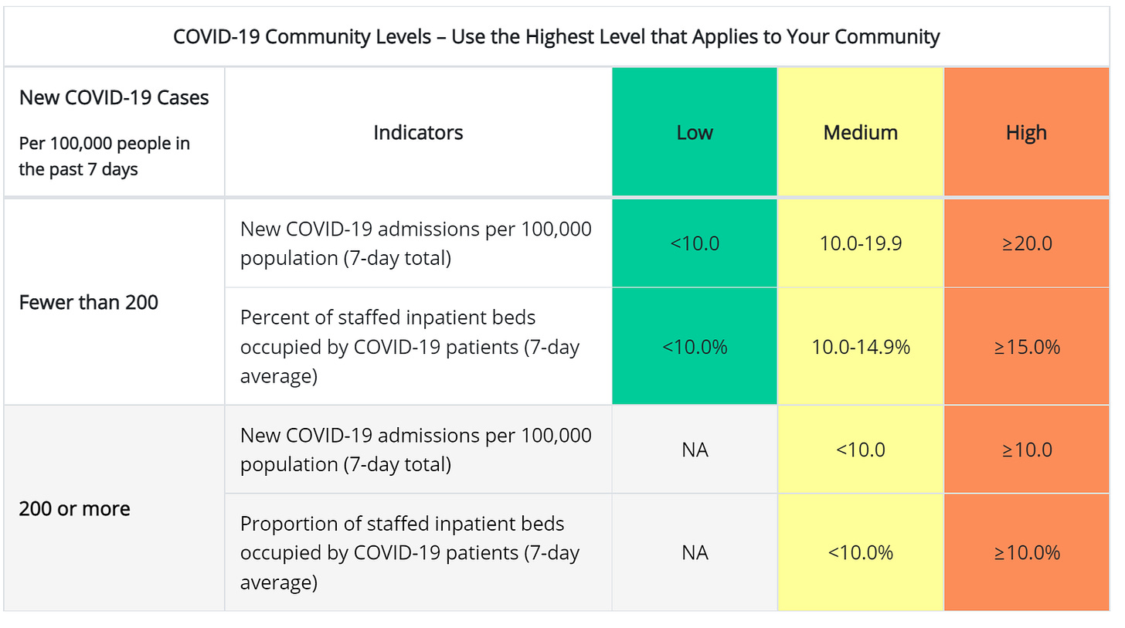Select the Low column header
[x=694, y=132]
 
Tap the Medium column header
[x=860, y=132]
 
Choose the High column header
[x=1026, y=132]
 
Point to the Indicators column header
[x=418, y=132]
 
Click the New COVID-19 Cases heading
[x=114, y=97]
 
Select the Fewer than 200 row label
[x=88, y=302]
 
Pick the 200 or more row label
[x=74, y=508]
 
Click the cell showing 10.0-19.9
[x=860, y=243]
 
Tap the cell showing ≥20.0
[x=1026, y=243]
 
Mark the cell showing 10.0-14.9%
[x=860, y=347]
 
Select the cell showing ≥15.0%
[x=1026, y=347]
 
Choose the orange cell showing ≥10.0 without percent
[x=1026, y=450]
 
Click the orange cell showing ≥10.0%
[x=1026, y=553]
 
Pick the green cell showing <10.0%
[x=694, y=347]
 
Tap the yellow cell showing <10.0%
[x=860, y=553]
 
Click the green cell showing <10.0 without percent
[x=694, y=243]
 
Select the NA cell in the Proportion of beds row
[x=694, y=553]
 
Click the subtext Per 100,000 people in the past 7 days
[x=104, y=156]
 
